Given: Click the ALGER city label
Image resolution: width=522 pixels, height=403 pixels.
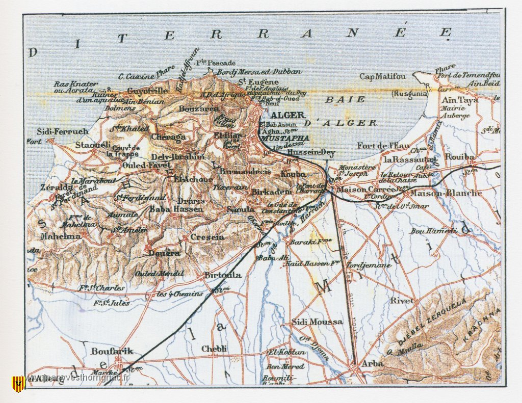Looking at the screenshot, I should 288,115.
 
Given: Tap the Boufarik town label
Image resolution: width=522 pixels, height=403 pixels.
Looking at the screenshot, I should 112,351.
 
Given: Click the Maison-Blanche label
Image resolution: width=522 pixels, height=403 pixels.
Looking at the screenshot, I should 446,193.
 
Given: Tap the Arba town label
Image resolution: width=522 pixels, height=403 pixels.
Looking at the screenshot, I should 371,364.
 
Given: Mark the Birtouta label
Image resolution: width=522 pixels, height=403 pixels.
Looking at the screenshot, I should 223,275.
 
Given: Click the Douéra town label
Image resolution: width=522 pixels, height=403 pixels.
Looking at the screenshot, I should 164,253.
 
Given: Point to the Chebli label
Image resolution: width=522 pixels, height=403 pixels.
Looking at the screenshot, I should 214,348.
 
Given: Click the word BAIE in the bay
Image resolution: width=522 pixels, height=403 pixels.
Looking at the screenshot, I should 346,99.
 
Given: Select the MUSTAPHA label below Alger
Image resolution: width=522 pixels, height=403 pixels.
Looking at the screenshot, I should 284,138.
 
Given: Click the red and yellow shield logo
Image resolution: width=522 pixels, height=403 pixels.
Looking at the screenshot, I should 18,383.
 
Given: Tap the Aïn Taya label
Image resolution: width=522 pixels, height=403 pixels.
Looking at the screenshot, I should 461,100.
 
